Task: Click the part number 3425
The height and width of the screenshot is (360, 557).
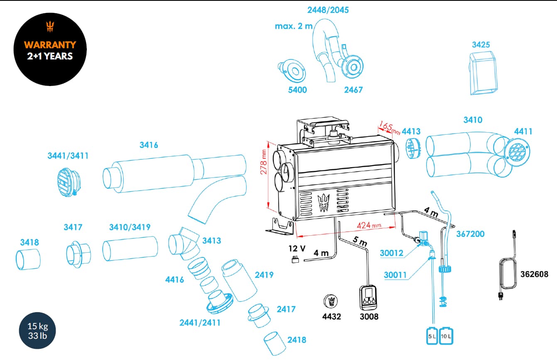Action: pos(481,45)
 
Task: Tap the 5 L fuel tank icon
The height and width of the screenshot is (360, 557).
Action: pos(432,336)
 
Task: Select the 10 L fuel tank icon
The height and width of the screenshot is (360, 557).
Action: pos(446,336)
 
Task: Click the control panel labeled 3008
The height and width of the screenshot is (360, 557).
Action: pos(368,298)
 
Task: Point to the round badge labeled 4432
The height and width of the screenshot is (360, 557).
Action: pos(331,301)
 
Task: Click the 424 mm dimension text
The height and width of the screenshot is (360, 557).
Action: pos(369,225)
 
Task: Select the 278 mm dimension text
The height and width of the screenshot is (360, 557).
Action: pos(264,162)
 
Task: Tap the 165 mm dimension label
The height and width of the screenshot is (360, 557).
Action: pos(389,128)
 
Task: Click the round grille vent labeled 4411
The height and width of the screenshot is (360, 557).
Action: pos(517,151)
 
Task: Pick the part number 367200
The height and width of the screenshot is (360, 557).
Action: pos(470,234)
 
